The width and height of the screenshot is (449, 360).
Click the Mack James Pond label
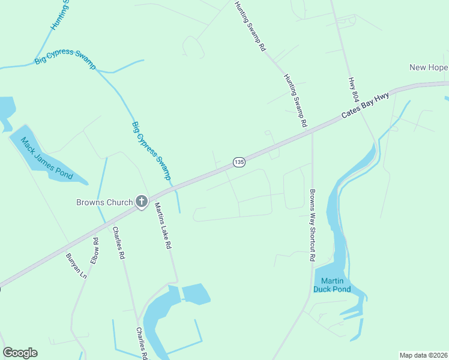pos(47,159)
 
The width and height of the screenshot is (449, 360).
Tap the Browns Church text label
pos(104,202)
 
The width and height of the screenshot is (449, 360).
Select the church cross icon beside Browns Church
pos(142,202)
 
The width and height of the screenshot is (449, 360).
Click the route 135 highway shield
pos(238,162)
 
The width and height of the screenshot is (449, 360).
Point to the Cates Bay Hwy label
pos(365,105)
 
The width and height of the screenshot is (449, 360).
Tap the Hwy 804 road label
pos(353,92)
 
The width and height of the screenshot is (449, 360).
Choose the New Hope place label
pos(429,67)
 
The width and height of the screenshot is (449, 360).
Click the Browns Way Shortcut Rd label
pos(312,226)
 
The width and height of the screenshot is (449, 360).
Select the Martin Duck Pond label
pos(336,285)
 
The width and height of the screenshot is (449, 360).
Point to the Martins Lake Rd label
pos(163,226)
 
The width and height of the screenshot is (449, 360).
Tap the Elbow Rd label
pos(95,251)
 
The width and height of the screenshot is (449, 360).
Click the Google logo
pos(20,353)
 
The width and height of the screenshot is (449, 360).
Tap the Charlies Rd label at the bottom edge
pos(142,343)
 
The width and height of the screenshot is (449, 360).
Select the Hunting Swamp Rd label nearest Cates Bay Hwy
pos(296,101)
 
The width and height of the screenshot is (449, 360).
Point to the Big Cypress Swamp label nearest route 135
pos(151,151)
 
